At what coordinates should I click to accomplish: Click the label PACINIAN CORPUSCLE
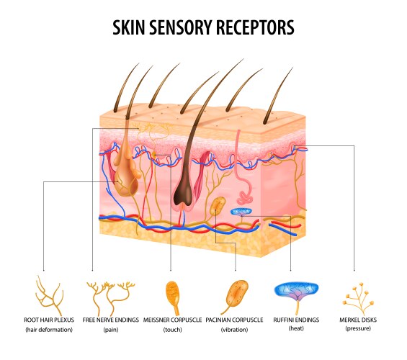(234, 319)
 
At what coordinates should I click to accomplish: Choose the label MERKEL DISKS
(357, 319)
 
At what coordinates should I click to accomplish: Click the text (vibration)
(234, 329)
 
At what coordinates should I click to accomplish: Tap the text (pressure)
(357, 329)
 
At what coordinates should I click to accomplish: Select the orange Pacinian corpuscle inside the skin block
(218, 207)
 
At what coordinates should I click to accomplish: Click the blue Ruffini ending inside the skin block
(241, 212)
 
